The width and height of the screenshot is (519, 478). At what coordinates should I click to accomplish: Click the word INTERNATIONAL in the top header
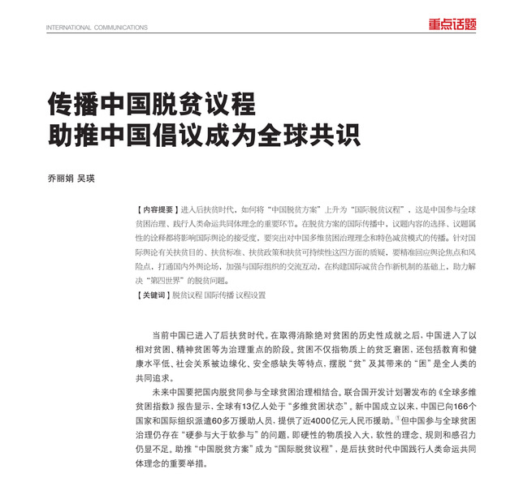click(67, 27)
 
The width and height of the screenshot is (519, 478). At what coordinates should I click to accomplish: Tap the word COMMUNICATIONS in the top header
click(119, 27)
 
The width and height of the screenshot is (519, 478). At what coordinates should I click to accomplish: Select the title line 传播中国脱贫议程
click(150, 104)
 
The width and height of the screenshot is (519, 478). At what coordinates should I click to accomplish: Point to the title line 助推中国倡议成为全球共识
click(203, 133)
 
